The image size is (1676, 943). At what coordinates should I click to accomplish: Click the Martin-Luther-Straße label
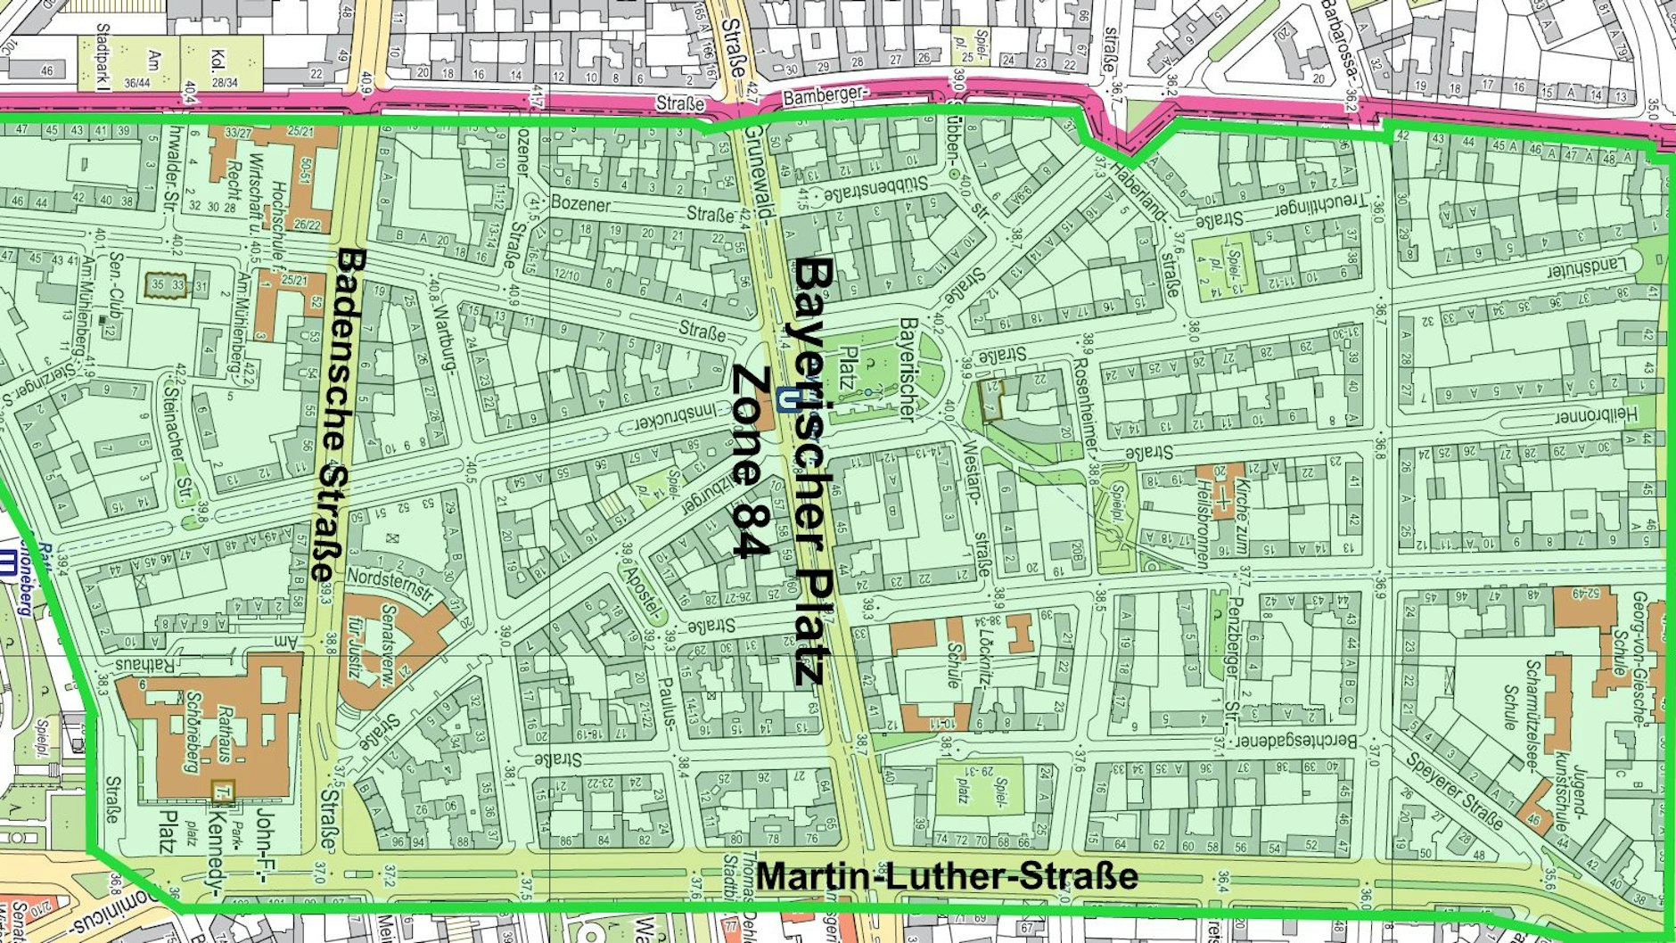pos(947,875)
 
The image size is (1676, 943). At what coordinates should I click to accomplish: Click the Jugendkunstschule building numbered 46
pos(1535,817)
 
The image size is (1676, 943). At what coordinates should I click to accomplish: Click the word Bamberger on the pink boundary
pos(824,96)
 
